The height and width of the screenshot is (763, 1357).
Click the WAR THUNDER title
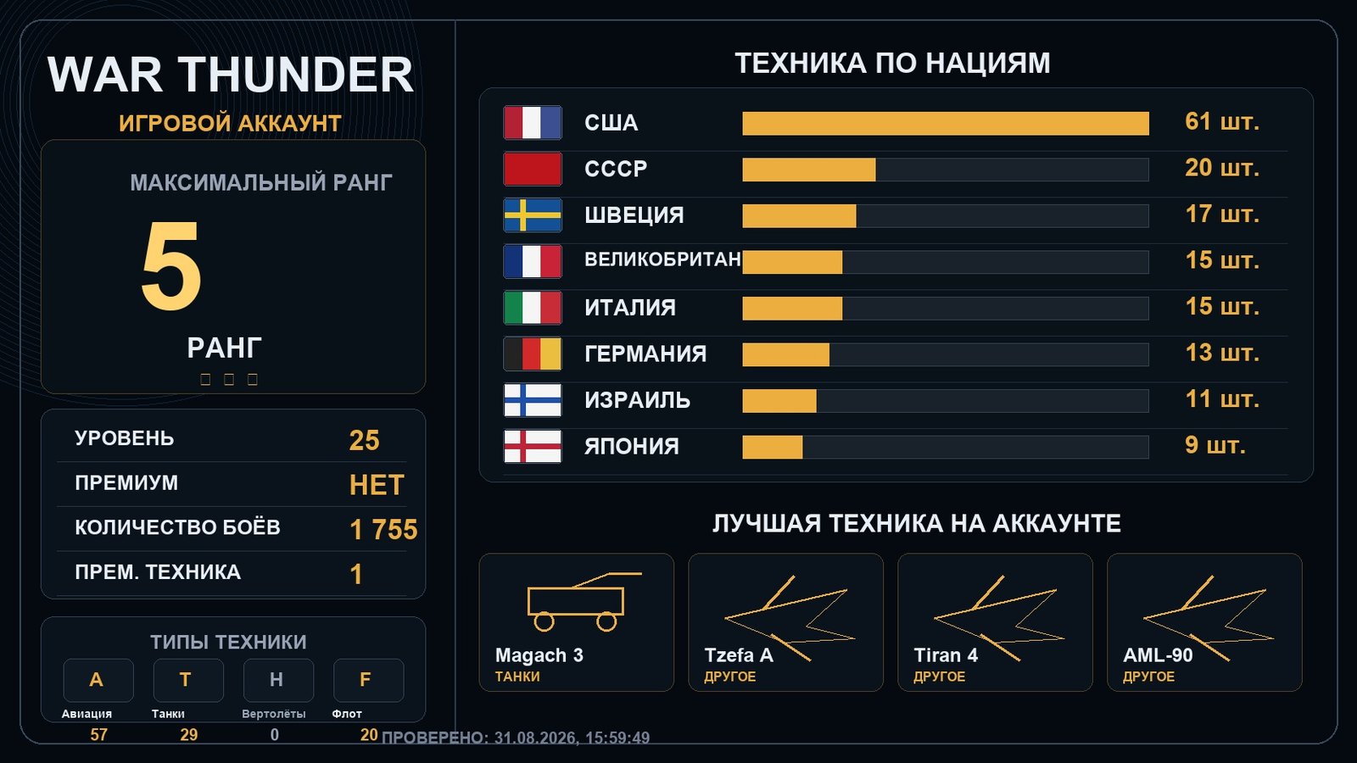[230, 75]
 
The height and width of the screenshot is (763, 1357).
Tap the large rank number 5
[171, 265]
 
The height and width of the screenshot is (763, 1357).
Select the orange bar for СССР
[809, 170]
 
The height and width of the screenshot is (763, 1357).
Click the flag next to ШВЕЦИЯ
[533, 215]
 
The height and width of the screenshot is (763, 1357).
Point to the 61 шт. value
[1222, 122]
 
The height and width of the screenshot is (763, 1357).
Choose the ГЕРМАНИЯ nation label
[645, 354]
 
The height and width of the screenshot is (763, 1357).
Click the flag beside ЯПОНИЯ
[533, 446]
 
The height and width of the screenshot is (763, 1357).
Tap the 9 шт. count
[1215, 446]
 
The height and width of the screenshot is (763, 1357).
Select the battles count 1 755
[383, 529]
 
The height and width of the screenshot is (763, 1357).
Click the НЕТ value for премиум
[377, 485]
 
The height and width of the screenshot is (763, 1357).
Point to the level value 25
[364, 440]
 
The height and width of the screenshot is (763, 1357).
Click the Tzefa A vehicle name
[739, 655]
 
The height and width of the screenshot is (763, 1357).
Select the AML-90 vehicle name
[1158, 655]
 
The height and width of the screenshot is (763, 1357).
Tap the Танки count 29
[188, 734]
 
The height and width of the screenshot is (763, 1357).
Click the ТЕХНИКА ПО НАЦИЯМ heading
[892, 64]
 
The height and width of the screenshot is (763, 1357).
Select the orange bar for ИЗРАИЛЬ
[779, 401]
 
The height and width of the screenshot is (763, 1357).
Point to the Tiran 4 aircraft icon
[999, 618]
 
